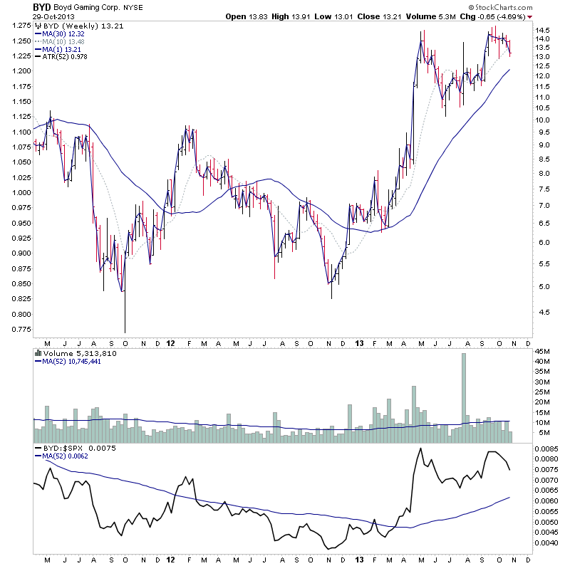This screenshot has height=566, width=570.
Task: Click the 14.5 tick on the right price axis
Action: pos(543,30)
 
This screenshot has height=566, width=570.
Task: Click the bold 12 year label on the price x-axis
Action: pos(171,343)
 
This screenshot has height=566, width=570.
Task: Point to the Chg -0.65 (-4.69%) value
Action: pos(496,16)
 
